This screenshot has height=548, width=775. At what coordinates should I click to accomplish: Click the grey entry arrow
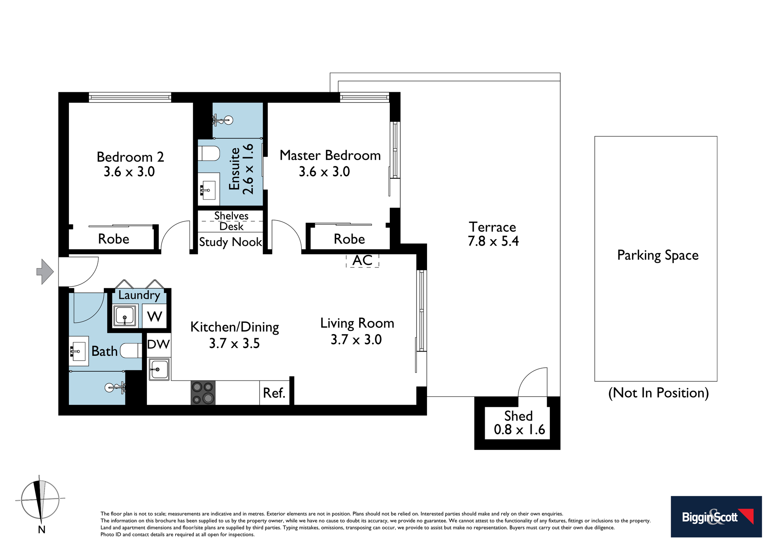(x=45, y=272)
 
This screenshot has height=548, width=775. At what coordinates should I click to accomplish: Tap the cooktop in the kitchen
(x=203, y=393)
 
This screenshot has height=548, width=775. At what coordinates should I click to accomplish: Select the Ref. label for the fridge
(x=274, y=393)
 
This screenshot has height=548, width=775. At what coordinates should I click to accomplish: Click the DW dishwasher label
(x=159, y=344)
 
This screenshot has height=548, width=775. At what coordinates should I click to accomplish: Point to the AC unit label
(x=362, y=260)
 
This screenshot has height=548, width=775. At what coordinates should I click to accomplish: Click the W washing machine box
(x=155, y=316)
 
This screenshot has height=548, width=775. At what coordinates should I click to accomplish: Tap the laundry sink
(x=125, y=316)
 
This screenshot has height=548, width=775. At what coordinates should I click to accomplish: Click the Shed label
(x=518, y=416)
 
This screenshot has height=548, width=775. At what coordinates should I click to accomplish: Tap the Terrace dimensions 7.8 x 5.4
(x=493, y=241)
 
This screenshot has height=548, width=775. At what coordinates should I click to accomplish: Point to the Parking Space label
(x=658, y=255)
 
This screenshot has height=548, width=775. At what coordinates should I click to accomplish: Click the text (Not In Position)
(x=658, y=393)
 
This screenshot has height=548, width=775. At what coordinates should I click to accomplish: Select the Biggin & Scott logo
(x=716, y=517)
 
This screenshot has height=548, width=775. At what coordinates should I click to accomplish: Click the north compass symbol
(x=40, y=500)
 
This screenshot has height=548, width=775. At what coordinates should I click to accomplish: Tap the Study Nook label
(x=231, y=242)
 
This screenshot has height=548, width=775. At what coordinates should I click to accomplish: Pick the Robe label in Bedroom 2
(x=114, y=239)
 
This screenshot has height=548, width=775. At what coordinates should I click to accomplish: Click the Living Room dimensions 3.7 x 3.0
(x=356, y=339)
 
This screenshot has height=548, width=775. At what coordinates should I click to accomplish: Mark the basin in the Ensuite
(x=209, y=190)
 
